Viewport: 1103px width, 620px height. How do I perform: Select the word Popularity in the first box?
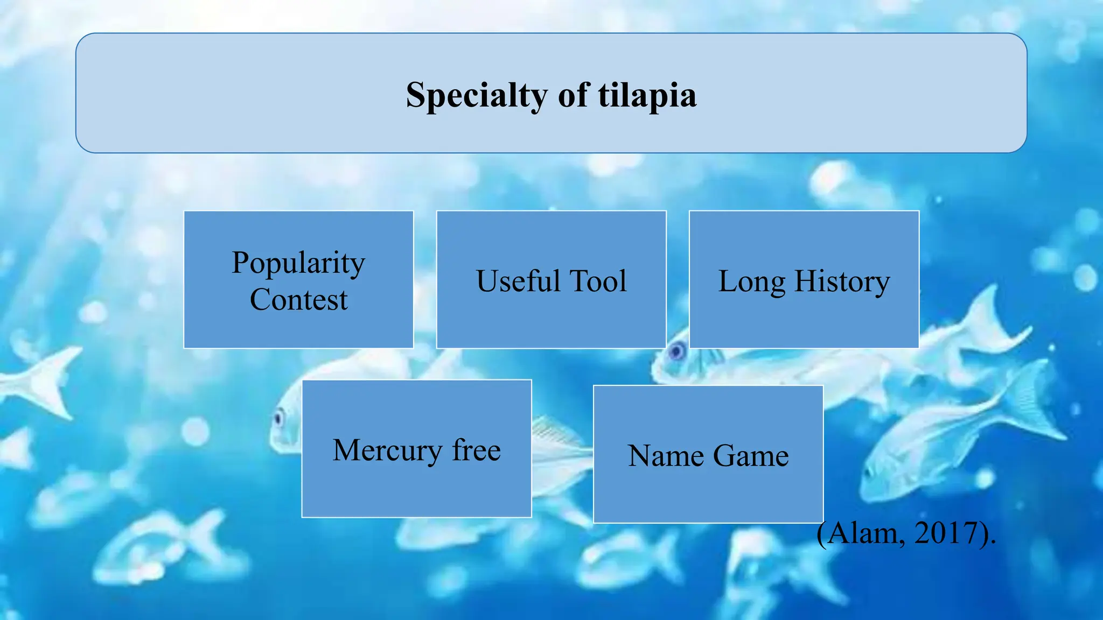pyautogui.click(x=298, y=263)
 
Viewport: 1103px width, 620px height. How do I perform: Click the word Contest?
pyautogui.click(x=298, y=299)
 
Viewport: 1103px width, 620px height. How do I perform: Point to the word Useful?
pyautogui.click(x=518, y=281)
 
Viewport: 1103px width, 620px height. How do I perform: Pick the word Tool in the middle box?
pyautogui.click(x=598, y=281)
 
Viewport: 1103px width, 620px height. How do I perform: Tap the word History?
pyautogui.click(x=842, y=281)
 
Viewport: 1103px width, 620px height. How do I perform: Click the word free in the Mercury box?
pyautogui.click(x=476, y=450)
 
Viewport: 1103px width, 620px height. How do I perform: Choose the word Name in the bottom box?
pyautogui.click(x=666, y=456)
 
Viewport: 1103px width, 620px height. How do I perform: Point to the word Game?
pyautogui.click(x=751, y=456)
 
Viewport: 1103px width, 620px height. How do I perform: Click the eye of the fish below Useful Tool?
pyautogui.click(x=676, y=353)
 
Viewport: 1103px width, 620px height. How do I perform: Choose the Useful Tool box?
pyautogui.click(x=551, y=323)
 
